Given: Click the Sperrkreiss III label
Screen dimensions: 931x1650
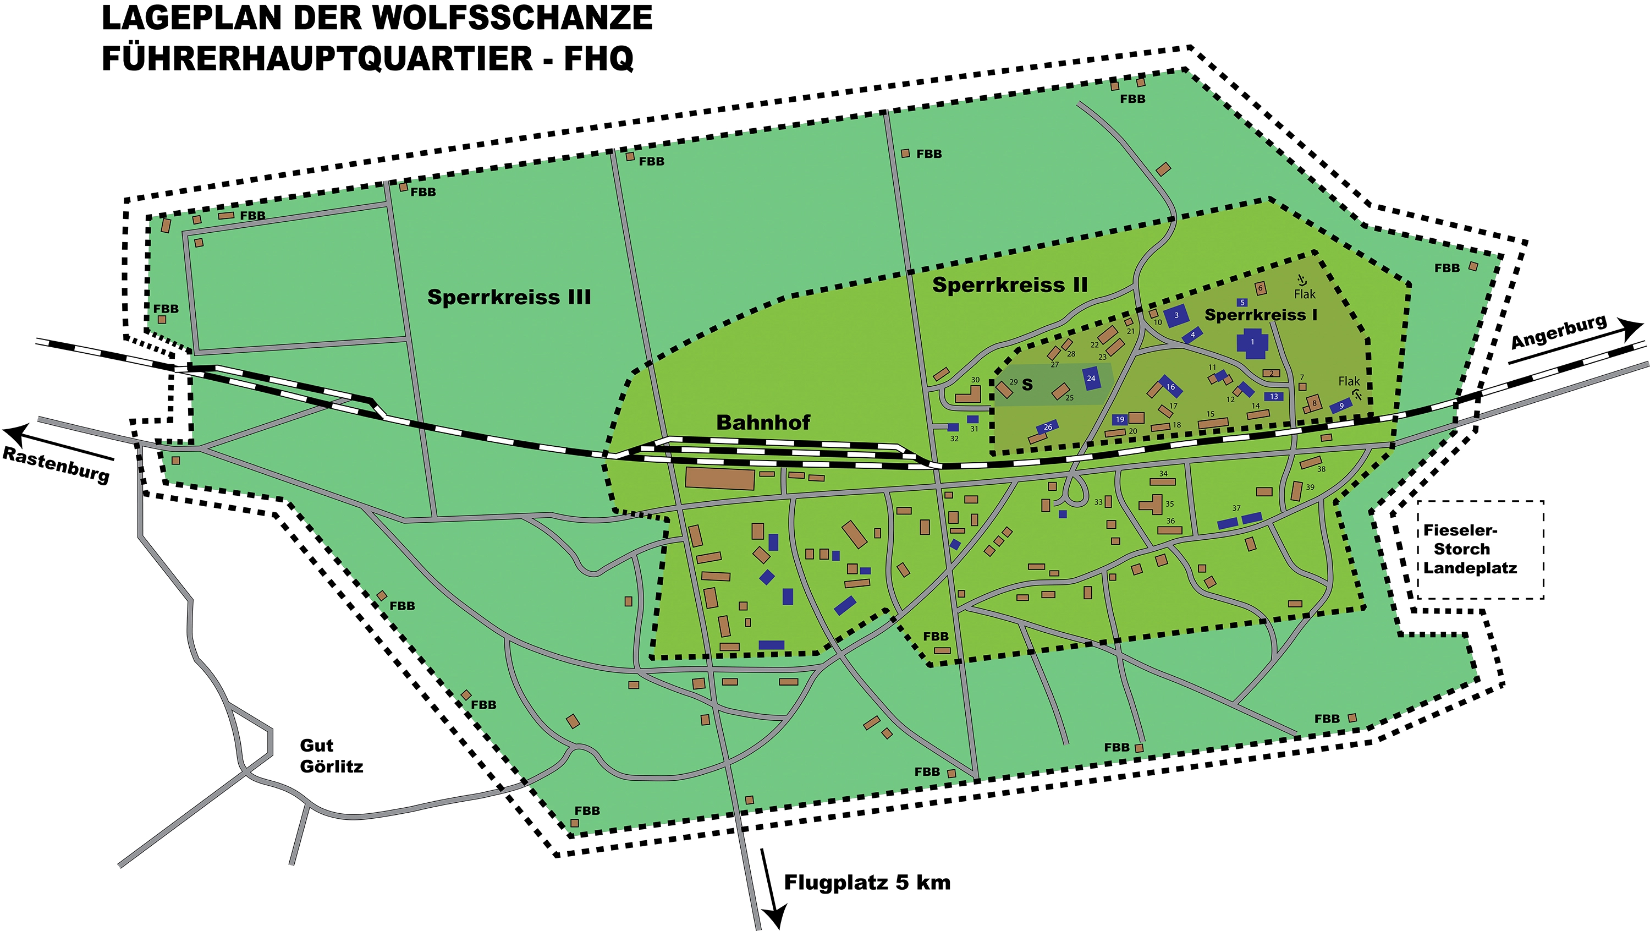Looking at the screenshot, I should (509, 297).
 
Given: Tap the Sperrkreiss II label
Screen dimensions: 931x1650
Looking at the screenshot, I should (1009, 285).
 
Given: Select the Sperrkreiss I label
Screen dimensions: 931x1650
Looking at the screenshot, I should (1261, 315).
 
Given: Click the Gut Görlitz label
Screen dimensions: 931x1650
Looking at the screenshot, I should (331, 756).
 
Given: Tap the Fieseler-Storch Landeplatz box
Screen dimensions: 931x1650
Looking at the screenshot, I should (1480, 550).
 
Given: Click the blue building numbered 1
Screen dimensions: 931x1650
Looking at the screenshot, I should (1252, 342).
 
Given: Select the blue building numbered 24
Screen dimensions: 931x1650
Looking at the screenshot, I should (1091, 379).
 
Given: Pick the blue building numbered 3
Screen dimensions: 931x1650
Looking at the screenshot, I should (1176, 315).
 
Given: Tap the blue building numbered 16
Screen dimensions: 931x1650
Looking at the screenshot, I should (1170, 386).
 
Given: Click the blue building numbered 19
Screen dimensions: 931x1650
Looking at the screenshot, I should (1120, 420).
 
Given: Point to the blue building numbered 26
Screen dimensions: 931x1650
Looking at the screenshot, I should (1047, 427).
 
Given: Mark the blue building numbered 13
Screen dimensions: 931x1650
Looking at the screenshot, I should (1273, 397).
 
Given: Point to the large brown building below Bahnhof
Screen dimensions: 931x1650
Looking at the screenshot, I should (719, 479).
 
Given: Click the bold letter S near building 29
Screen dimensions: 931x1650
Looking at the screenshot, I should (1027, 385).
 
